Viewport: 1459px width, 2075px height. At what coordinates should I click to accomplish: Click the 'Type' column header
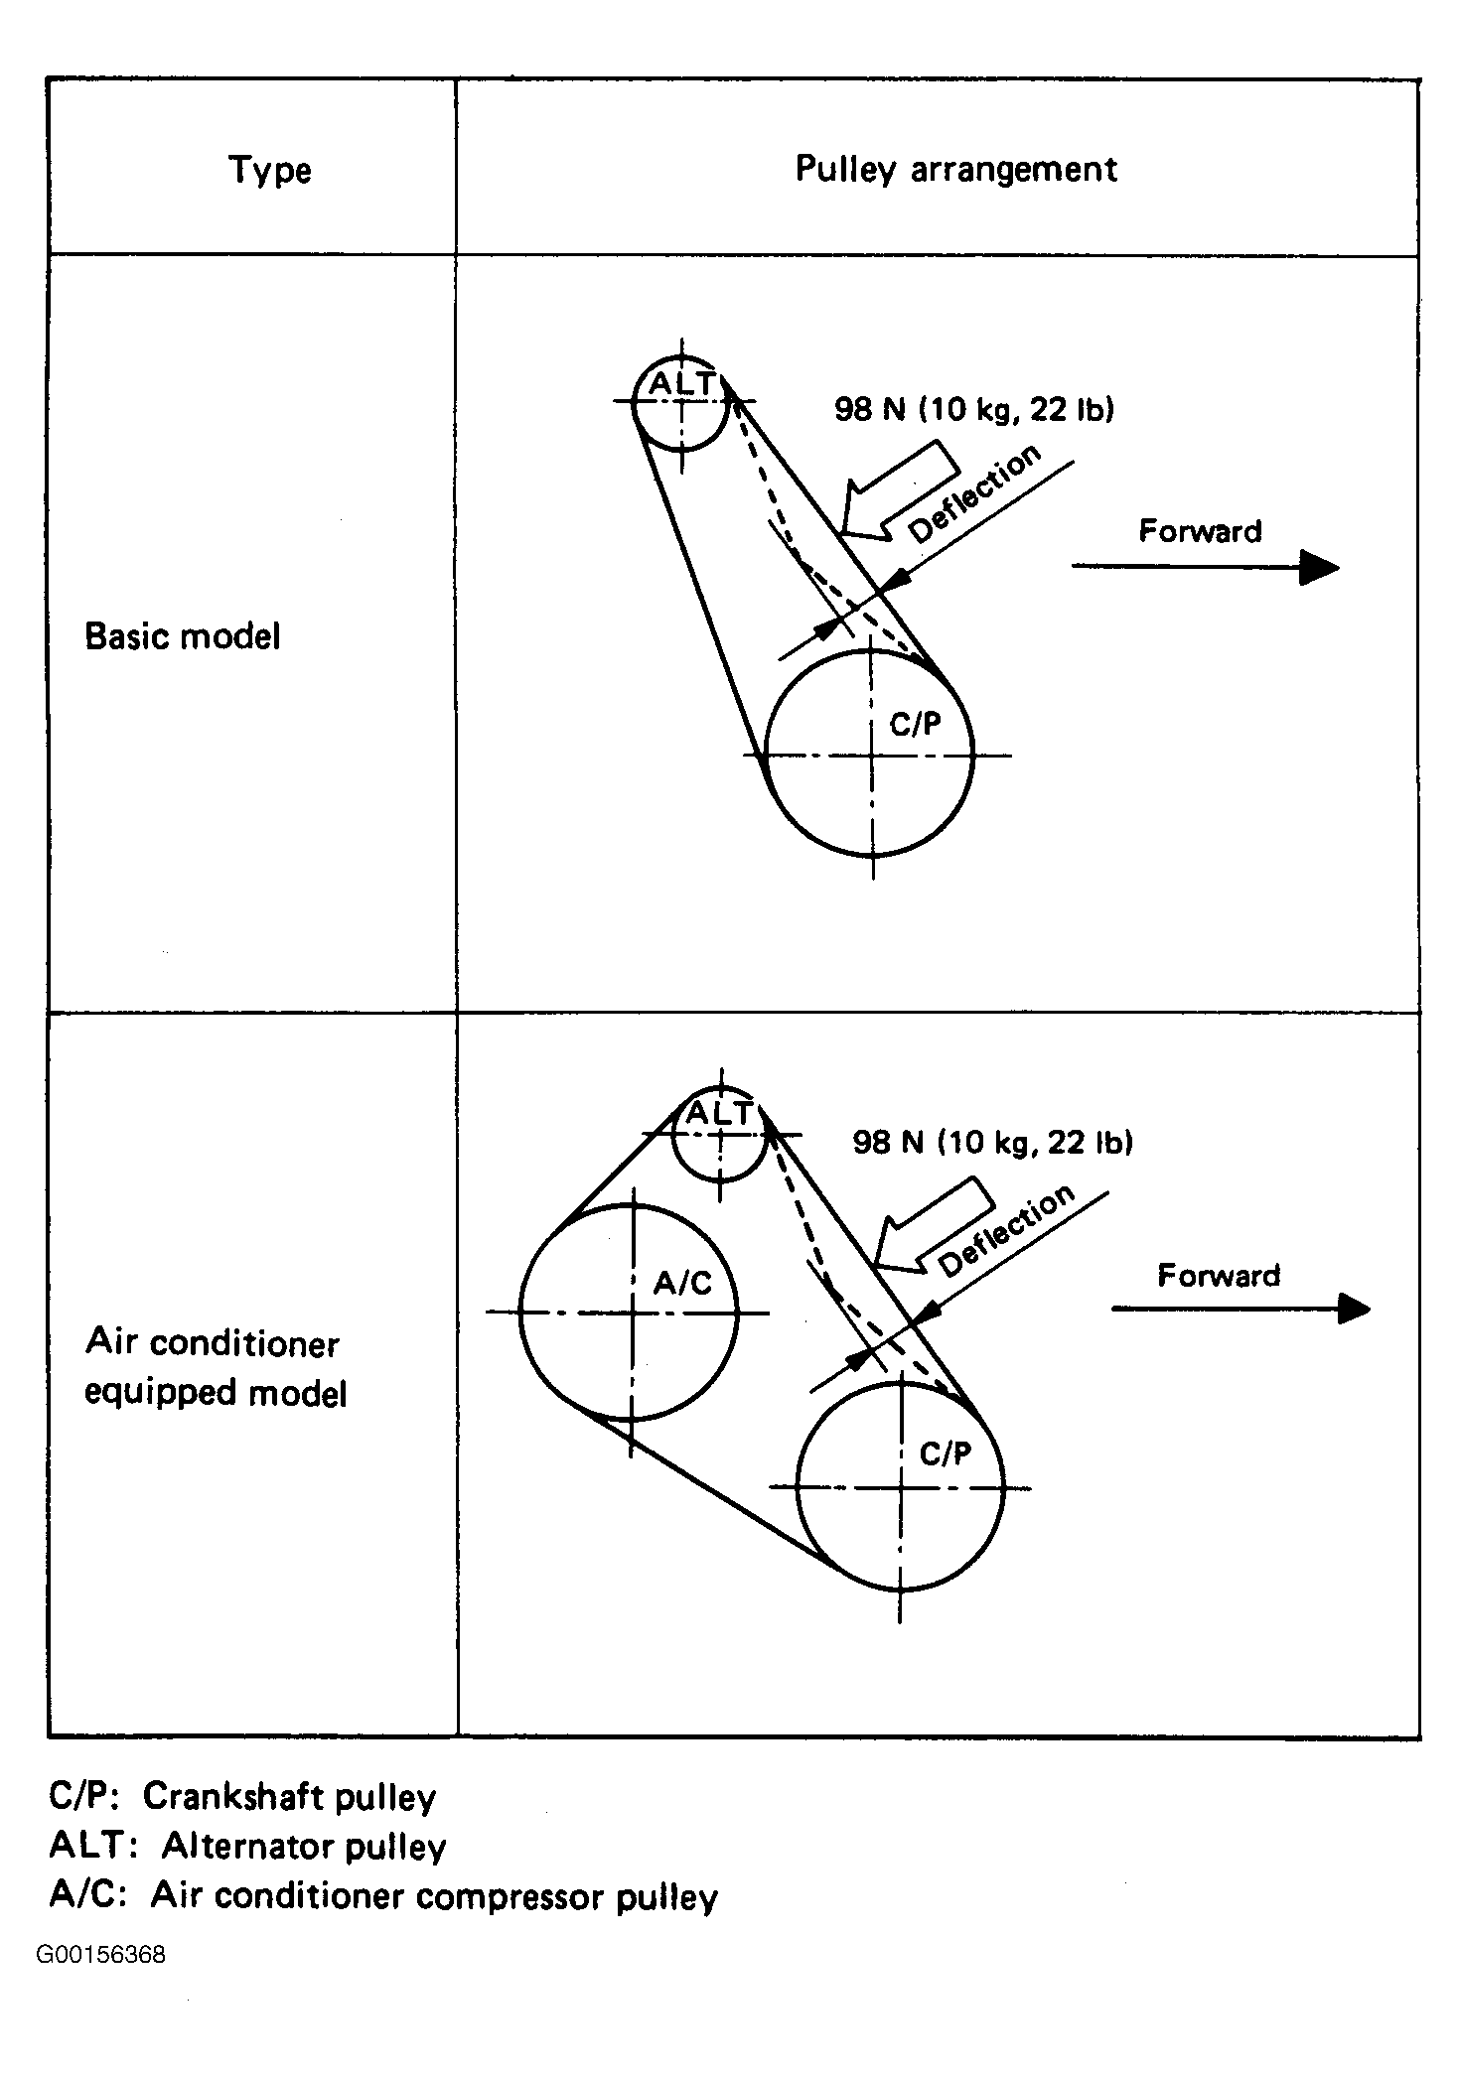(270, 171)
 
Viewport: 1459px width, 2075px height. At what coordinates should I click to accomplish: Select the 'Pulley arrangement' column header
(955, 170)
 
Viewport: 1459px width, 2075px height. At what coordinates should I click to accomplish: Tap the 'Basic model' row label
(183, 636)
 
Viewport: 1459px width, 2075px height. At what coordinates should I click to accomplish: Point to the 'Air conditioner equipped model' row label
(216, 1368)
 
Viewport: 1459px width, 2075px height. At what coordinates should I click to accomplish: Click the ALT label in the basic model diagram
(681, 384)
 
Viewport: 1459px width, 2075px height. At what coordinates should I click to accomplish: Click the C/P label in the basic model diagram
(915, 724)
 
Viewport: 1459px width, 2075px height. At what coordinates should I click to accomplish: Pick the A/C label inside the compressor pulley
(682, 1284)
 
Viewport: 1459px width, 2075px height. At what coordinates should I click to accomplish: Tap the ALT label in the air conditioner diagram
(721, 1113)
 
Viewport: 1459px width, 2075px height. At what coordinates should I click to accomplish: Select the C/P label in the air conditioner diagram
(945, 1453)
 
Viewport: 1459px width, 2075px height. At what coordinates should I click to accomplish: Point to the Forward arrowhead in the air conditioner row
(1352, 1309)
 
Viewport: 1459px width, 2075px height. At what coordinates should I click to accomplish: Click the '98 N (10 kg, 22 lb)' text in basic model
(974, 409)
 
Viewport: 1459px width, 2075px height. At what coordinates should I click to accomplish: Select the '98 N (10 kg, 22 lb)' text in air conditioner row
(993, 1143)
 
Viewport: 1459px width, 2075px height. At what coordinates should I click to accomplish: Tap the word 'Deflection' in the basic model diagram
(974, 493)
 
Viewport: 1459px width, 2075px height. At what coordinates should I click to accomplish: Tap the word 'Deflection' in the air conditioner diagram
(1006, 1231)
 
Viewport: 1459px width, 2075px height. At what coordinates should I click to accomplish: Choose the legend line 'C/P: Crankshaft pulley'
(242, 1796)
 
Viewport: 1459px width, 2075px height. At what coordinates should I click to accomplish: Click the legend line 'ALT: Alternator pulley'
(247, 1846)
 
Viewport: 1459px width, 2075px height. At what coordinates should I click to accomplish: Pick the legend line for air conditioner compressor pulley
(383, 1896)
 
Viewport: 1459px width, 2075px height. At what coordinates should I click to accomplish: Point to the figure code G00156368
(100, 1955)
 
